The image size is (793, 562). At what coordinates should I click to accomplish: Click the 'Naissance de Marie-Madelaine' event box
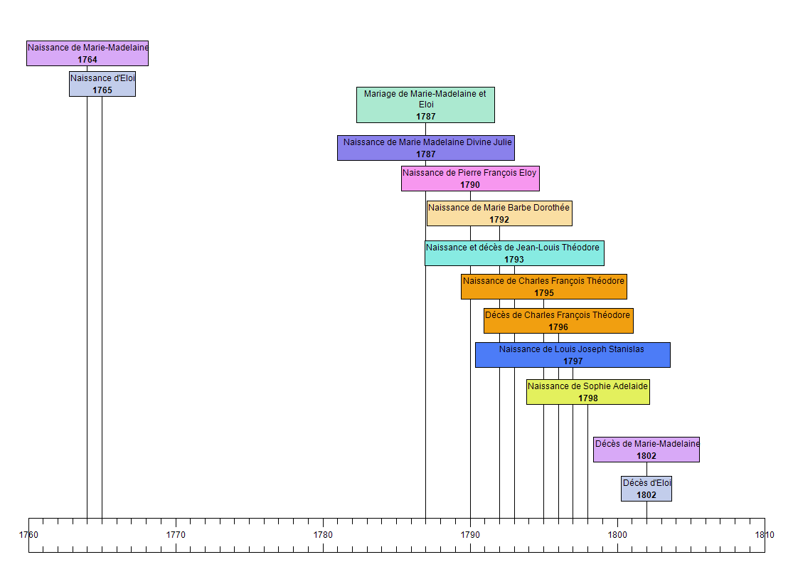coord(87,53)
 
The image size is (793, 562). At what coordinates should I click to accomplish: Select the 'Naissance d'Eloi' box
coord(102,84)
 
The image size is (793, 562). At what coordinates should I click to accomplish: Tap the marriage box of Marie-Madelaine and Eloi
coord(425,105)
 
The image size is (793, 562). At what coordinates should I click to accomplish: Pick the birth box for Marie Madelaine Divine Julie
coord(425,148)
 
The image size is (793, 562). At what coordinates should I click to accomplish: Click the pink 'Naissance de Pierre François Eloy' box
coord(470,179)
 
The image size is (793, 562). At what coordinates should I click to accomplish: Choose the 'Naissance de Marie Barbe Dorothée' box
coord(499,213)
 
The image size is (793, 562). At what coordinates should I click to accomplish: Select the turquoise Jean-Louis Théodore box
coord(514,253)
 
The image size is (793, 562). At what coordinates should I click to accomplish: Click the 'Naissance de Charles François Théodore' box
coord(544,287)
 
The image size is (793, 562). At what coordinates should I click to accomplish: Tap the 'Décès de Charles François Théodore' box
coord(558,321)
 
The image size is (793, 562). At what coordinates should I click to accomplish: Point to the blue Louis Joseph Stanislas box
coord(573,355)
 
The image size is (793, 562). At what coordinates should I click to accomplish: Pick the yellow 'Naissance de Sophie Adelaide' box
coord(588,392)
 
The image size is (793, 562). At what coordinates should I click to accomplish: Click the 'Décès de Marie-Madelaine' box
coord(646,450)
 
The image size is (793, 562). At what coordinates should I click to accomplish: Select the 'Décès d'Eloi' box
coord(646,489)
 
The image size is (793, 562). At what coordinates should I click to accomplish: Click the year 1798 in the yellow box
coord(588,398)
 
